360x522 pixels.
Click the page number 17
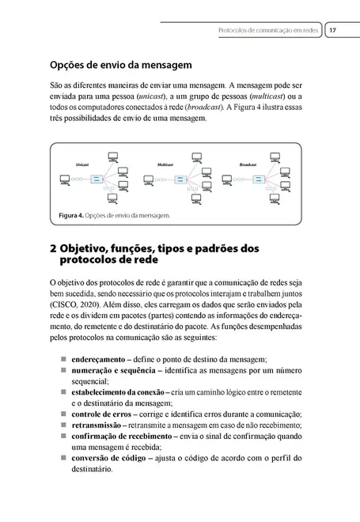(333, 31)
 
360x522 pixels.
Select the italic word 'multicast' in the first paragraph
(274, 94)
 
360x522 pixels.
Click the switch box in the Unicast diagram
(95, 180)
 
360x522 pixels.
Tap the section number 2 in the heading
(52, 248)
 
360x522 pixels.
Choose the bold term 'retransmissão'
(100, 425)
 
